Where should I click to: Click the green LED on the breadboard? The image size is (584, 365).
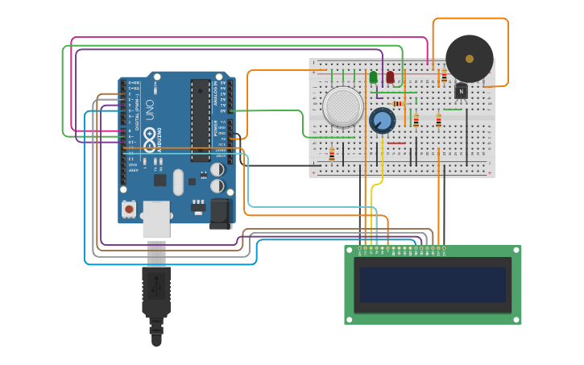pyautogui.click(x=373, y=77)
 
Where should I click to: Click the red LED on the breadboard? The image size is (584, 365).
pyautogui.click(x=391, y=77)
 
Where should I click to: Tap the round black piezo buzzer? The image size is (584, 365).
pyautogui.click(x=469, y=58)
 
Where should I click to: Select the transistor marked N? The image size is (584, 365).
pyautogui.click(x=460, y=91)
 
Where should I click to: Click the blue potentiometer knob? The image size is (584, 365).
pyautogui.click(x=382, y=121)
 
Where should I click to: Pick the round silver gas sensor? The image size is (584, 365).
pyautogui.click(x=342, y=106)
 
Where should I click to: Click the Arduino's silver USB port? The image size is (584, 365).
pyautogui.click(x=156, y=218)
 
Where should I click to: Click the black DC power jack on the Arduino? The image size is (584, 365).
pyautogui.click(x=221, y=213)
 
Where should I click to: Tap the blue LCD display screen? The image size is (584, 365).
pyautogui.click(x=433, y=284)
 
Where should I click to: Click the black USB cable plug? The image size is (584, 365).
pyautogui.click(x=156, y=294)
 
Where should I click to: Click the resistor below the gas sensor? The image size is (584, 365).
pyautogui.click(x=332, y=154)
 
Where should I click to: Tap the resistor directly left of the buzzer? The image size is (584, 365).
pyautogui.click(x=444, y=77)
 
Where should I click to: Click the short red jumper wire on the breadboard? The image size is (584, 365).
pyautogui.click(x=396, y=143)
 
